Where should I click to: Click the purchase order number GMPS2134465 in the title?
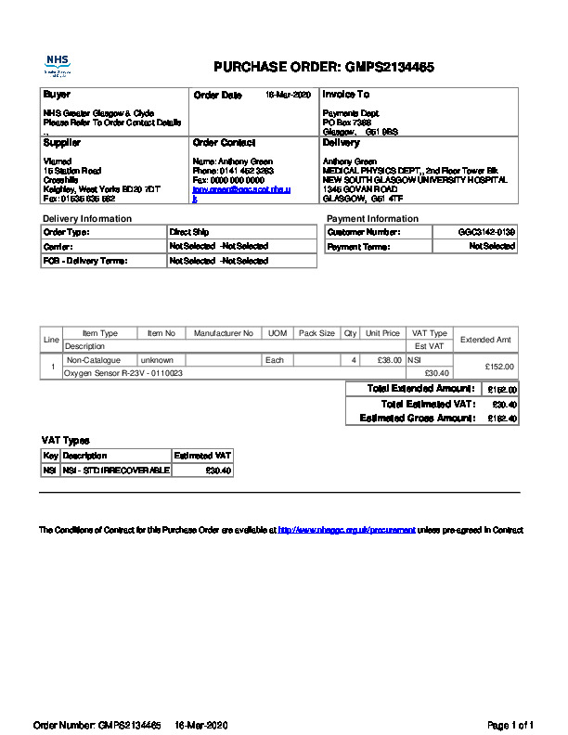[x=389, y=67]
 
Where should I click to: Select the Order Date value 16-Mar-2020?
[x=288, y=95]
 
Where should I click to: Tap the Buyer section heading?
[x=57, y=95]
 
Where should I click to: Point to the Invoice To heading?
[x=345, y=95]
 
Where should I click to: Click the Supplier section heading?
[x=62, y=143]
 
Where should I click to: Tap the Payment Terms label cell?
[x=358, y=247]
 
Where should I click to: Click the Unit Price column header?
[x=382, y=333]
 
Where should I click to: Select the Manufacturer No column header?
[x=223, y=333]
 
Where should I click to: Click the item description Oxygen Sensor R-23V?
[x=123, y=372]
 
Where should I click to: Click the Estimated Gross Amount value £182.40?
[x=502, y=419]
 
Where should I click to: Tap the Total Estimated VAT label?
[x=428, y=404]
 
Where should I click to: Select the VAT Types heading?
[x=65, y=440]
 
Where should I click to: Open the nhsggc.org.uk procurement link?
[x=346, y=530]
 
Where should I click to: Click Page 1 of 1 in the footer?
[x=510, y=724]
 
